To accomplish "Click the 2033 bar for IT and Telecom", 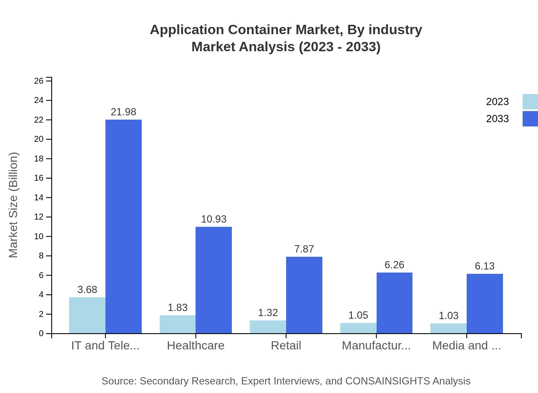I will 123,226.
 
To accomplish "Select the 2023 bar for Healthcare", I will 178,324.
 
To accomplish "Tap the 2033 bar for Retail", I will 304,295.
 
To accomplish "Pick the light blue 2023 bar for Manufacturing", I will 358,328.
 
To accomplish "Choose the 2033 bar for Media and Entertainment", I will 485,303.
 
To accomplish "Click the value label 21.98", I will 123,112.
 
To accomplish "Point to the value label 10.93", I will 213,219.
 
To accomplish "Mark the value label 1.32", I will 268,313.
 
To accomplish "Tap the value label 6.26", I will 394,265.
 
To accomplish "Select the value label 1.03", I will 448,316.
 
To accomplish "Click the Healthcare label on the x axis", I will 196,346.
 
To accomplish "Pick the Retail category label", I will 286,346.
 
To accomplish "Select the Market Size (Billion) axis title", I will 14,205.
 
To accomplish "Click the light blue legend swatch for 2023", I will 530,102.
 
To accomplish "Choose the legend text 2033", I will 497,119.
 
